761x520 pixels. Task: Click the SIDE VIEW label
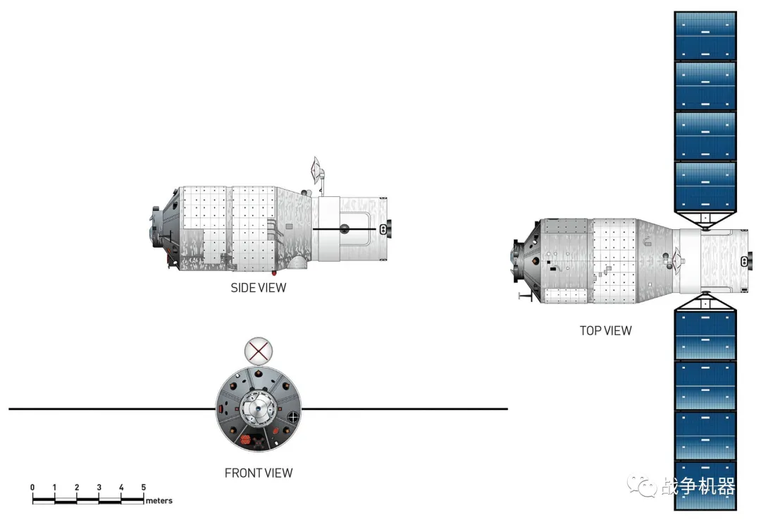(x=258, y=288)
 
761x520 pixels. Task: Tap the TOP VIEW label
(x=605, y=330)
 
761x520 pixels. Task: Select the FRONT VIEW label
(x=258, y=473)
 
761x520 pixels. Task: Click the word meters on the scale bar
(x=159, y=500)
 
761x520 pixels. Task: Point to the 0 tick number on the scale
(x=32, y=487)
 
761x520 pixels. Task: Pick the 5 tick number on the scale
(x=143, y=487)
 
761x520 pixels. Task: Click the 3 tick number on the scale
(x=99, y=487)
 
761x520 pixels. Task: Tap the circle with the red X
(x=258, y=351)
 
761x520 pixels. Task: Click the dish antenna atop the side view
(x=316, y=170)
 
